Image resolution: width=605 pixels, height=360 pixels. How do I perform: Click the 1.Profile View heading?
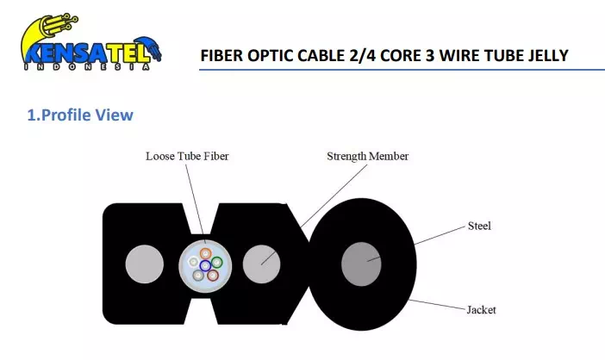[80, 115]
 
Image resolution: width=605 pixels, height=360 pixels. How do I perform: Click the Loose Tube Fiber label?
[187, 157]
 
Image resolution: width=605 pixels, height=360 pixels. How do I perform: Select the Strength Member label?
[367, 157]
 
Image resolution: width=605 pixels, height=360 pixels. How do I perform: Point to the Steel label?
[479, 227]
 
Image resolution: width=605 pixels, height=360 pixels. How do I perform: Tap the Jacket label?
[481, 309]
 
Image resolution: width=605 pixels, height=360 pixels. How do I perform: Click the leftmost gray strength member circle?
[145, 264]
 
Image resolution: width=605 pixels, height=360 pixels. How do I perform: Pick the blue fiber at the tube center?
[205, 266]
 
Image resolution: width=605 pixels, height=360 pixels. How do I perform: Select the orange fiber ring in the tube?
[207, 253]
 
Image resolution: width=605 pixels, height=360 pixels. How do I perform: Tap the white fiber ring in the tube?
[194, 260]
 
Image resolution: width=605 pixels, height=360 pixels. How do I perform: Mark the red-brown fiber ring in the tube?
[213, 276]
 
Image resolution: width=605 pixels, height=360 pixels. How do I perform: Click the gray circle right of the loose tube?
[262, 264]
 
